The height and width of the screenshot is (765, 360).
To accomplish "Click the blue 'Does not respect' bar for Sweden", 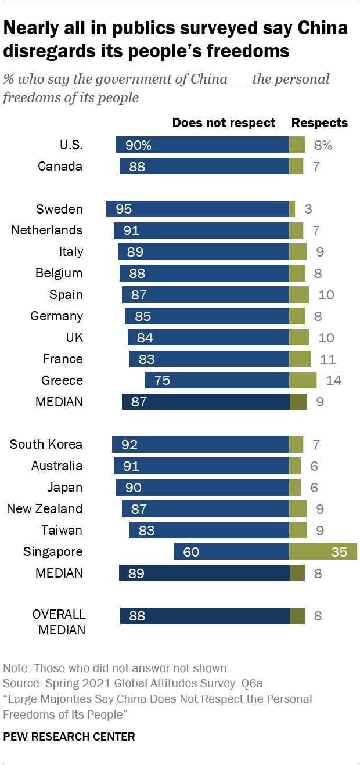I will pos(197,209).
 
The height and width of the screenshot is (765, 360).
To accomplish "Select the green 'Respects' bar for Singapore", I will pos(323,551).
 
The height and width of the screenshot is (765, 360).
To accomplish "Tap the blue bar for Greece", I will pos(217,380).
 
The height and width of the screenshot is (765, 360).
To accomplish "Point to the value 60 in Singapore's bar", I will pos(191,551).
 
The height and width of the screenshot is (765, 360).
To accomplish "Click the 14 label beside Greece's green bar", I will pos(334,380).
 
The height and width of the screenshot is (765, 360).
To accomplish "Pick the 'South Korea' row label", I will pos(46,445).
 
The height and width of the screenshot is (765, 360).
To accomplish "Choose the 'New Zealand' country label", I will pos(45,508).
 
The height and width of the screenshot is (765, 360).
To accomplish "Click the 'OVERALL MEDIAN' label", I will pos(59,622).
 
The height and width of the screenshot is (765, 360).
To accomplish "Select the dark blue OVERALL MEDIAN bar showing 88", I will pos(204,616).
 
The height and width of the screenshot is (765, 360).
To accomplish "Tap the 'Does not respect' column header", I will pos(224,122).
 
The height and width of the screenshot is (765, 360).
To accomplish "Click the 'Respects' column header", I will pos(319,122).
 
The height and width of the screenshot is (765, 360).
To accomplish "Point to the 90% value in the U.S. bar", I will pos(138,145).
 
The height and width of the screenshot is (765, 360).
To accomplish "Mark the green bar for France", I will pos(300,359).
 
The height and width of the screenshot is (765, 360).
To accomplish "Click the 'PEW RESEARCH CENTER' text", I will pos(69,737).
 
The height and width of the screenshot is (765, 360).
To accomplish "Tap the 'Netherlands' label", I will pos(47,230).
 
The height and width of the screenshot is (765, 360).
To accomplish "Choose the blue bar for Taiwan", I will pos(209,530).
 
